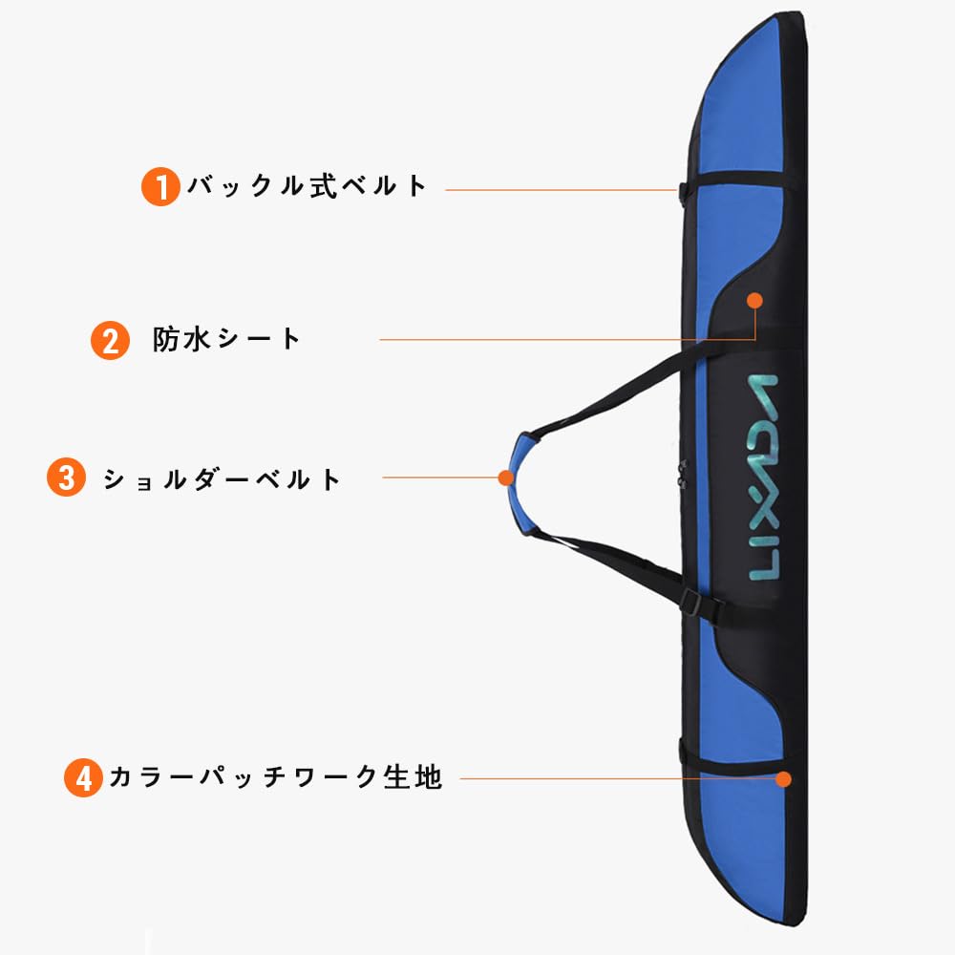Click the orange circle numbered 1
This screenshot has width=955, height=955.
tap(160, 186)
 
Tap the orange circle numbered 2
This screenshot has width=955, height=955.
tap(110, 340)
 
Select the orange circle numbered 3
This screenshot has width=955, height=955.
tap(66, 477)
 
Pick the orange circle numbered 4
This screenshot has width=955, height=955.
tap(84, 778)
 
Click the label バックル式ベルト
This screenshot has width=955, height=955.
tap(307, 185)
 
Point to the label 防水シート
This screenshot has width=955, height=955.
tap(227, 339)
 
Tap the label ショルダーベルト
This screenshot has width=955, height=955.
tap(222, 478)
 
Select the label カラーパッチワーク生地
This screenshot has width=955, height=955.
tap(275, 777)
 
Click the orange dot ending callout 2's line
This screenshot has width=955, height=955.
tap(754, 300)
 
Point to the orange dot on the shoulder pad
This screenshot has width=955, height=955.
tap(505, 476)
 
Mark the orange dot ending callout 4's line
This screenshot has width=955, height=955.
tap(784, 778)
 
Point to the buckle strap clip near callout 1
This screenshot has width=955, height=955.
tap(683, 191)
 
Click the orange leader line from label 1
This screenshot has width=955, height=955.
tap(559, 190)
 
